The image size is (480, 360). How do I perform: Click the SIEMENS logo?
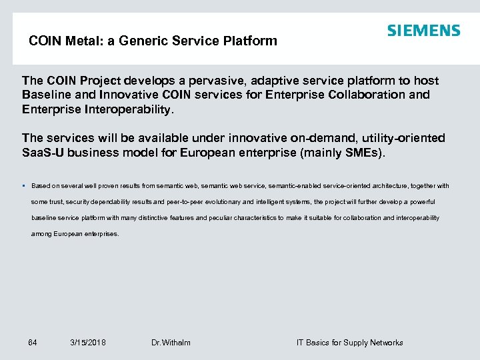coord(423,31)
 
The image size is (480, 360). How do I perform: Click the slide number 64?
coord(33,343)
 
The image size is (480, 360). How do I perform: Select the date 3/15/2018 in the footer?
coord(88,343)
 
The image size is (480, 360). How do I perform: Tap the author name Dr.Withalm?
coord(171,343)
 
